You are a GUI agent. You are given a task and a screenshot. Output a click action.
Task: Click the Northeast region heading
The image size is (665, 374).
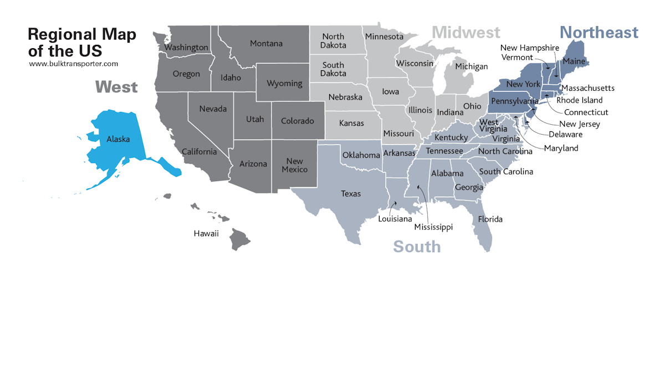(x=598, y=33)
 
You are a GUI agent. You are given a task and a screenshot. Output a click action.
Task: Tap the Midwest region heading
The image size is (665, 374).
(x=466, y=33)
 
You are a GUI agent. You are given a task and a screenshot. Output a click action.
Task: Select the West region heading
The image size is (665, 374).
(x=116, y=87)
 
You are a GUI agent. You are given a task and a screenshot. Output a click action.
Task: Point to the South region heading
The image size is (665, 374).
(x=417, y=247)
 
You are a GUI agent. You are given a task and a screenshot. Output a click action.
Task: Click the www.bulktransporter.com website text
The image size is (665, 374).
(x=73, y=64)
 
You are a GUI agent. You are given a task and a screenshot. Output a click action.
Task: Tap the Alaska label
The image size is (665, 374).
(x=118, y=140)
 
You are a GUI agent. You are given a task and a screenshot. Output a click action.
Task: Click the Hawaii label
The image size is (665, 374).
(x=206, y=234)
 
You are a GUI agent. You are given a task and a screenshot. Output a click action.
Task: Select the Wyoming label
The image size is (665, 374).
(x=284, y=84)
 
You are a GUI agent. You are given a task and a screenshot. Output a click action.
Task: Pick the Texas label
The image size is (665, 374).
(x=351, y=194)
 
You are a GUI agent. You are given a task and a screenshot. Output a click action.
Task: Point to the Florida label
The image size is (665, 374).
(x=490, y=219)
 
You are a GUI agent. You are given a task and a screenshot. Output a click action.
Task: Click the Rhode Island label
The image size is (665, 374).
(x=580, y=100)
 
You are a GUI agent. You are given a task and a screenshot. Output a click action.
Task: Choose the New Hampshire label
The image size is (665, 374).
(x=530, y=48)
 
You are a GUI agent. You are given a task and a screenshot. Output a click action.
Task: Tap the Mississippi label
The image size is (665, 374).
(x=434, y=227)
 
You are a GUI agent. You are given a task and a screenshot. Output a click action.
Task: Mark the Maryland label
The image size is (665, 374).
(x=561, y=148)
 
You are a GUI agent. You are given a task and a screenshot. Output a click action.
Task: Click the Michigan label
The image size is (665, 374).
(x=472, y=66)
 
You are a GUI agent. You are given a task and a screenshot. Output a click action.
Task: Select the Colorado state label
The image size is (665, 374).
(x=298, y=121)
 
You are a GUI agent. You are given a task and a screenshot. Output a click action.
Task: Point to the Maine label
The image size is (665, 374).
(x=574, y=61)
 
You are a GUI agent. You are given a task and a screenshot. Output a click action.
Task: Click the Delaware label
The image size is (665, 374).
(x=566, y=135)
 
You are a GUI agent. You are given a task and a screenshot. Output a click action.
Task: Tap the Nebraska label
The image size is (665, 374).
(x=345, y=97)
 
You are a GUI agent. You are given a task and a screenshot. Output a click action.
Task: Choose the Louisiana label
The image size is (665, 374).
(x=395, y=219)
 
